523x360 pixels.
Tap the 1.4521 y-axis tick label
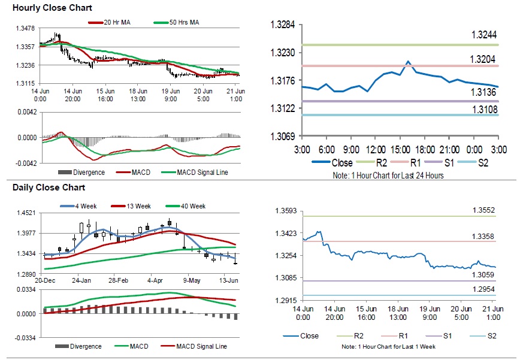tap(23, 213)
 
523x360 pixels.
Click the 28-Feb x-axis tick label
tap(118, 280)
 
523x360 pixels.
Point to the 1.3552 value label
tap(482, 211)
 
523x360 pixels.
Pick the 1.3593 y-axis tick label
tap(286, 211)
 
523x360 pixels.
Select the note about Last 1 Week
tap(388, 347)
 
